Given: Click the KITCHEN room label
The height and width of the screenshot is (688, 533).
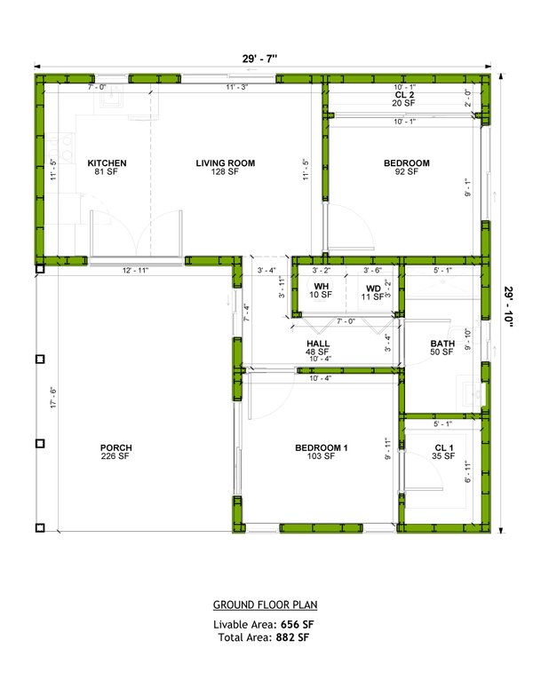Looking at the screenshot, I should click(107, 163).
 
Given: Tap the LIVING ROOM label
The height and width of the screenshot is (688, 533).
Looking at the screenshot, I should click(226, 163).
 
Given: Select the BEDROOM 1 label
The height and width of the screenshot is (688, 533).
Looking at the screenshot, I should click(321, 448).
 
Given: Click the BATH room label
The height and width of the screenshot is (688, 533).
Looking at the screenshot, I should click(442, 344).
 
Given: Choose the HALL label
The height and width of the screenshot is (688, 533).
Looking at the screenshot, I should click(318, 344).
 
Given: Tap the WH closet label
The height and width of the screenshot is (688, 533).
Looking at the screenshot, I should click(321, 287).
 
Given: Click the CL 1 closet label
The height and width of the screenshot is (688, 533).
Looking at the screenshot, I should click(444, 448).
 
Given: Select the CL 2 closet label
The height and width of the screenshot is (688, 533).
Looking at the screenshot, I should click(405, 94).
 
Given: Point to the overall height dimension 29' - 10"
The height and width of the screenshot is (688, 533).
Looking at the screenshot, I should click(509, 307).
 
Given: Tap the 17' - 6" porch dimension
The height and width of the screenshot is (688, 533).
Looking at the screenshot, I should click(53, 399).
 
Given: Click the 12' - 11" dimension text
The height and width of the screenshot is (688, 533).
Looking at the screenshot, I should click(137, 270).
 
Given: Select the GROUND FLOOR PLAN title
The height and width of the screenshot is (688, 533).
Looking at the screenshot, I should click(265, 605).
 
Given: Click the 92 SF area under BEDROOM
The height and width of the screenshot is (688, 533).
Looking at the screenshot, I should click(406, 172).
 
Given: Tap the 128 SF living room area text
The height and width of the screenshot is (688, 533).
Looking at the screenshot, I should click(226, 172).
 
